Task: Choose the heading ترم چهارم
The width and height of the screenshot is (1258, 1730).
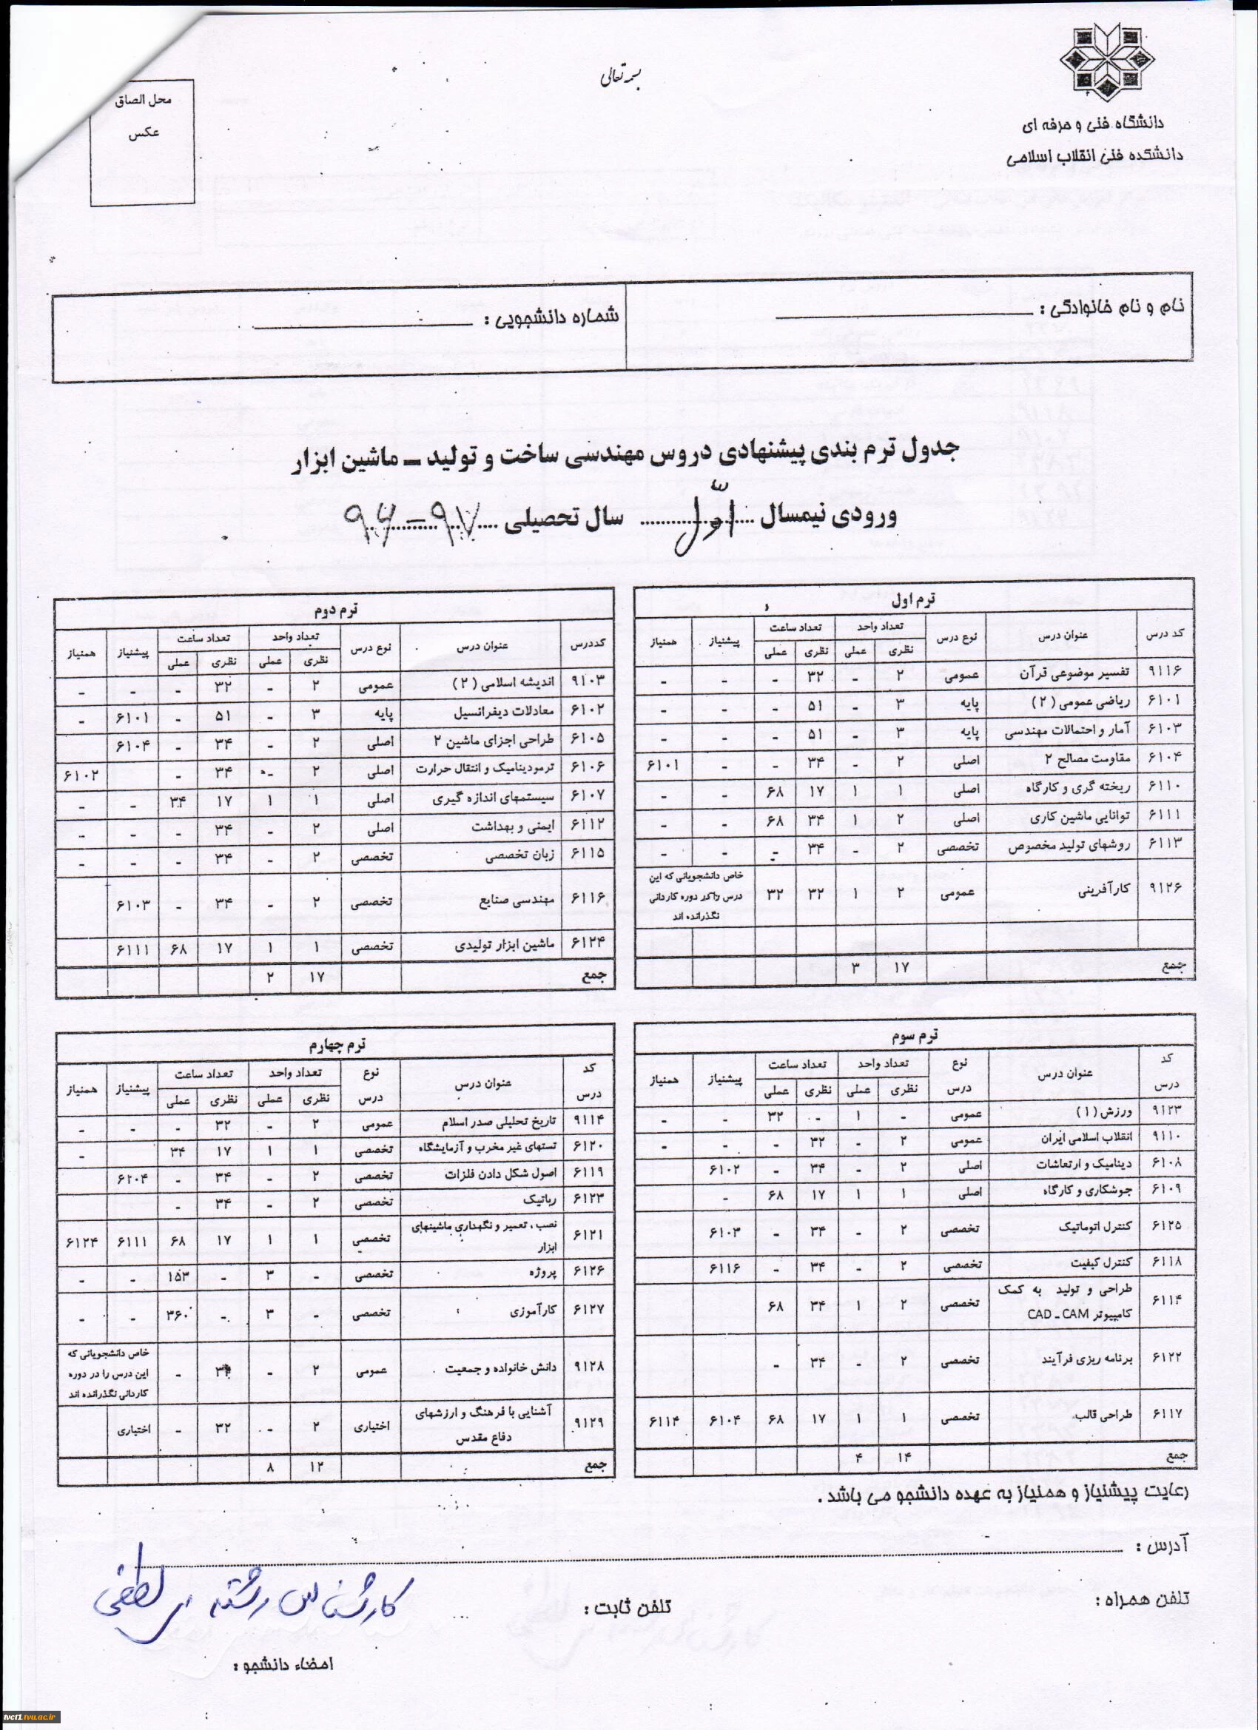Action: [x=336, y=1044]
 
